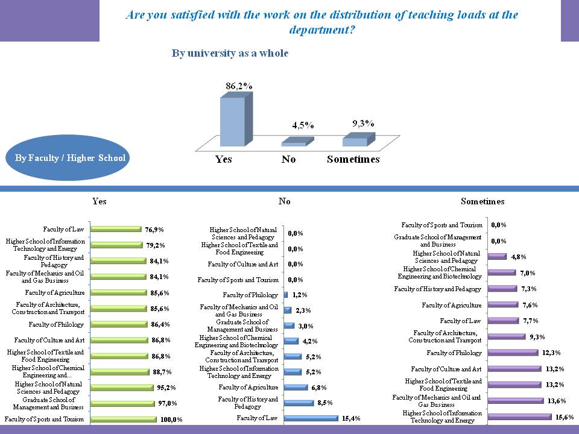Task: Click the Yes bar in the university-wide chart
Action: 232,121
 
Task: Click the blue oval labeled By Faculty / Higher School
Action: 69,158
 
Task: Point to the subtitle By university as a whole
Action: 230,54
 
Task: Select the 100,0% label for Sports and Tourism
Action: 171,420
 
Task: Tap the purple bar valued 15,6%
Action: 520,417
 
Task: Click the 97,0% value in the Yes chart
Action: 166,403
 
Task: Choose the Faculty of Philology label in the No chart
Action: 250,295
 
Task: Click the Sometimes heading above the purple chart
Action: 482,201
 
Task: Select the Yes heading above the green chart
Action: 100,201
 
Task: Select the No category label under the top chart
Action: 288,159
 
